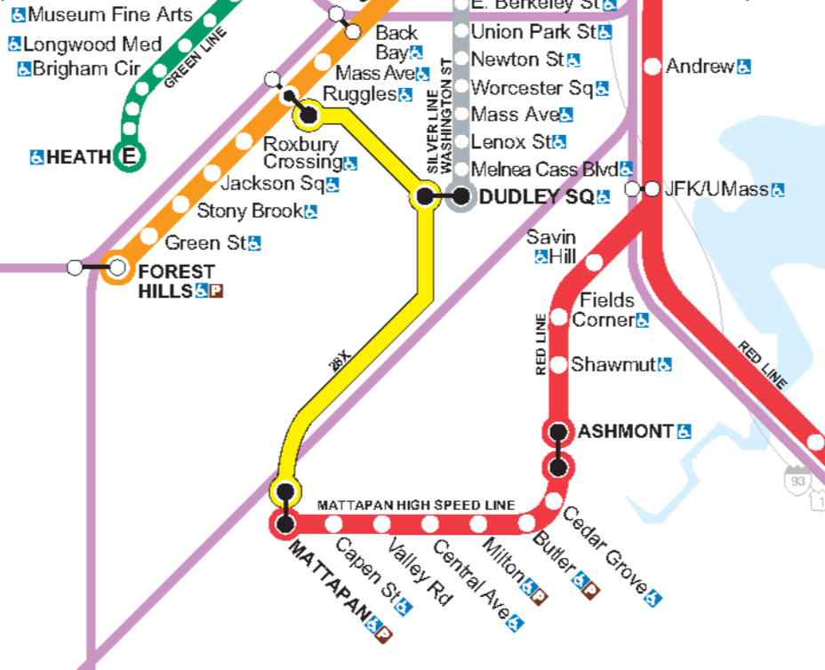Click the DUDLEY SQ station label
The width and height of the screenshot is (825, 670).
pyautogui.click(x=535, y=197)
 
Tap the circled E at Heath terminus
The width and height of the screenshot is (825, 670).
pyautogui.click(x=130, y=157)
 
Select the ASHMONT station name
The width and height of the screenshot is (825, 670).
pyautogui.click(x=625, y=432)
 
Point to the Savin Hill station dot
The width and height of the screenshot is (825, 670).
pyautogui.click(x=594, y=262)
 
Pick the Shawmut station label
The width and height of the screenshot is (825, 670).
pyautogui.click(x=613, y=364)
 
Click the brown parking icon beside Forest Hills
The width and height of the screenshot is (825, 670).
pyautogui.click(x=216, y=291)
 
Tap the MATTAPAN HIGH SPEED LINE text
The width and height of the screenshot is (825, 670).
pyautogui.click(x=416, y=505)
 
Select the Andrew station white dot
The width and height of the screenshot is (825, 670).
pyautogui.click(x=652, y=66)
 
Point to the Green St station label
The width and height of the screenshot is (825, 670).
pyautogui.click(x=204, y=242)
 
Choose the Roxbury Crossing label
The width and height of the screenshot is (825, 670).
pyautogui.click(x=300, y=153)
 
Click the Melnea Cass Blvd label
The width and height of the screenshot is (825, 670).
pyautogui.click(x=544, y=169)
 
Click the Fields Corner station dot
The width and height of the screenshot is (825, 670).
pyautogui.click(x=559, y=317)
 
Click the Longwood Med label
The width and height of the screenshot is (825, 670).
pyautogui.click(x=92, y=44)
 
